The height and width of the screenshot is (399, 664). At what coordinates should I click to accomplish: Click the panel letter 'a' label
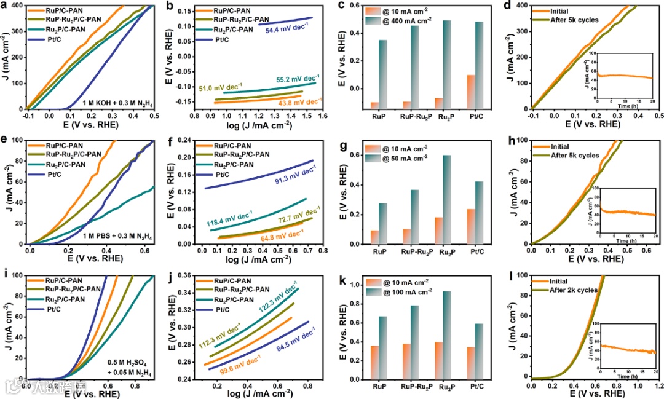6,6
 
